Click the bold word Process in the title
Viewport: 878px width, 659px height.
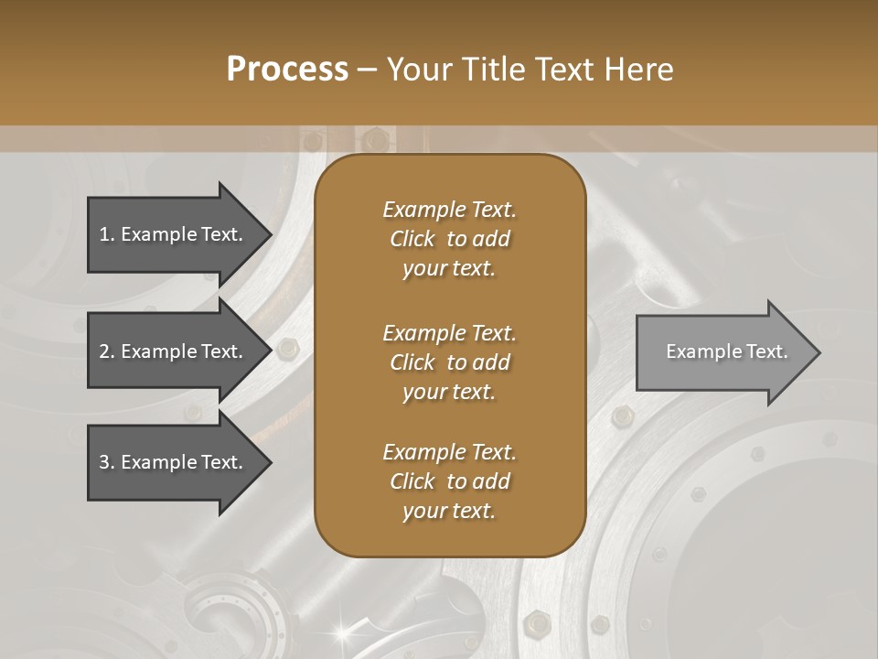287,70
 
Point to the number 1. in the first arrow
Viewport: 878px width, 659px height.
107,234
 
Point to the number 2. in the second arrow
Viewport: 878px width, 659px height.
107,351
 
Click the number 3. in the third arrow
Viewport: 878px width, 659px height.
107,462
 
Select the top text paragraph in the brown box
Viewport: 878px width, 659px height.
449,239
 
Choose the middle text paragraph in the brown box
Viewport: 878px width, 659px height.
449,362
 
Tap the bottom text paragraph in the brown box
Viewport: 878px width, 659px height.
449,481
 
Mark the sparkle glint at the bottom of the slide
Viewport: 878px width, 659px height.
344,631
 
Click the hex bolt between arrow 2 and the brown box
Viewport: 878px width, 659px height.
287,349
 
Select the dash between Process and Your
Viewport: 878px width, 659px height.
368,70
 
